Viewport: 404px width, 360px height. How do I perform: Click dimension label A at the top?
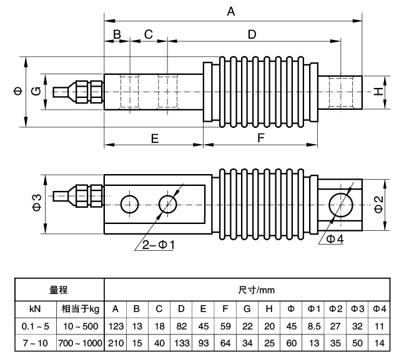[x=231, y=11]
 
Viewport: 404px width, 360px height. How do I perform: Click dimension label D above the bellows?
[x=252, y=34]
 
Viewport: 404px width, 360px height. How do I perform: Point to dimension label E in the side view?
[x=154, y=139]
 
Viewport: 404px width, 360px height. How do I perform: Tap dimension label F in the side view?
[x=261, y=139]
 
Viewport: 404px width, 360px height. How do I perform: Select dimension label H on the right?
[x=377, y=92]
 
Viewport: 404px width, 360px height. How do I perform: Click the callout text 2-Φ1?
[x=156, y=245]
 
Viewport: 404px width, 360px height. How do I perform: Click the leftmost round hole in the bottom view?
[x=130, y=203]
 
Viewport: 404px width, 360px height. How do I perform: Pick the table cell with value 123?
[x=115, y=326]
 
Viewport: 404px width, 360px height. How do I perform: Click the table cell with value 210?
[x=115, y=343]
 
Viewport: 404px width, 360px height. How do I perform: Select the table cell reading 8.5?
[x=313, y=326]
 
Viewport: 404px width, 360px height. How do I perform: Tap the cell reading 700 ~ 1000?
[x=79, y=343]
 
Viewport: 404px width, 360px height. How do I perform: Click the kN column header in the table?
[x=35, y=309]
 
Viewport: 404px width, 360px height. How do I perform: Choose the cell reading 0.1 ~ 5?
[x=35, y=326]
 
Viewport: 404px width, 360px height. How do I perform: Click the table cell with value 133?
[x=180, y=343]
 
